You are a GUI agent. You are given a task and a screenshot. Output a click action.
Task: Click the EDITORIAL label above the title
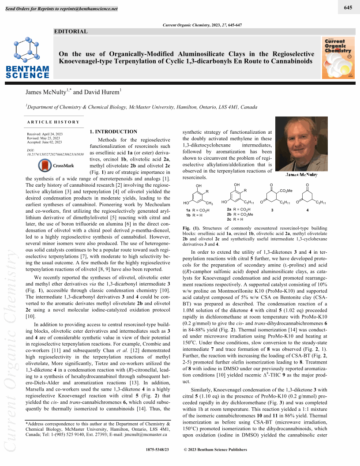[70, 31]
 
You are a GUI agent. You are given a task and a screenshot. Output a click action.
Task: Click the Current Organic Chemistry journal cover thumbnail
[338, 57]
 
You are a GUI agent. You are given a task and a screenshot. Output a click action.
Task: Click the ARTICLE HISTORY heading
[53, 122]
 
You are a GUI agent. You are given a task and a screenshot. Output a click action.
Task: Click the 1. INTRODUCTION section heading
[113, 132]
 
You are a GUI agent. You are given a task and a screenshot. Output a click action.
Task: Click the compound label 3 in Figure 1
[272, 210]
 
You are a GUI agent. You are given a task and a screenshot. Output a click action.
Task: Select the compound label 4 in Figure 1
[307, 210]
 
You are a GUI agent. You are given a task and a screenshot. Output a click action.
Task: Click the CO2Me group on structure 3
[286, 190]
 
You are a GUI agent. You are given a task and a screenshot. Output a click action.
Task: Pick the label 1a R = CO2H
[198, 210]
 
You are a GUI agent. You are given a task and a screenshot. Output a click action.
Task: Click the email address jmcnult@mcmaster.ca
[146, 434]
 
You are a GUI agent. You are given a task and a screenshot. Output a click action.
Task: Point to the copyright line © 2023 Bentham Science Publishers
[215, 450]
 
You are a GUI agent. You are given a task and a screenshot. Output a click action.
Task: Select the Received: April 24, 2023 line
[45, 134]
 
